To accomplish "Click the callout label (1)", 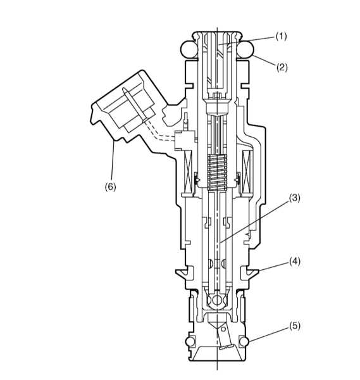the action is point(281,36).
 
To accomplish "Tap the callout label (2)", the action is point(282,67).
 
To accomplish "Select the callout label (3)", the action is point(294,198).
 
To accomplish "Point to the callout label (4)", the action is point(295,262).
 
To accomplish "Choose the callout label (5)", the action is point(295,326).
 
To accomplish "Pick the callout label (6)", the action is point(110,187).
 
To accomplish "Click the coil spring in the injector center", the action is point(217,172).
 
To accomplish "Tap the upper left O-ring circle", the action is point(189,49).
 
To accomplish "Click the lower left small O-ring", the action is point(190,341).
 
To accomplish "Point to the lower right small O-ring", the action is point(244,341).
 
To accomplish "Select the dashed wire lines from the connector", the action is point(160,132).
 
